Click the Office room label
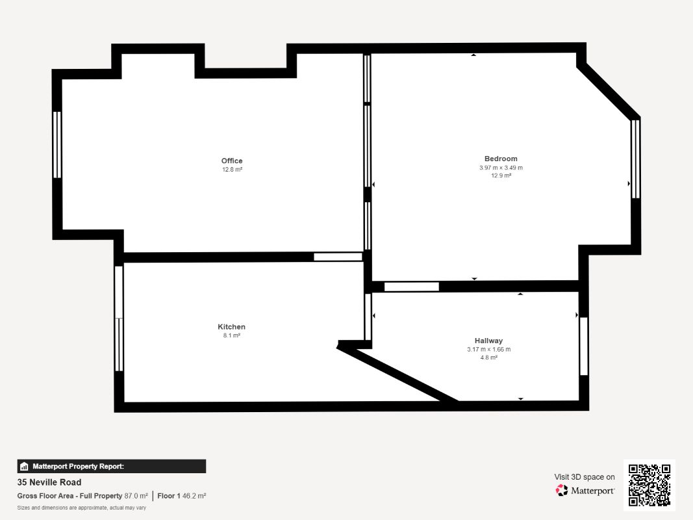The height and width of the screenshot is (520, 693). point(232,161)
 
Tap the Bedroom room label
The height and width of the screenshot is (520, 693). point(501,159)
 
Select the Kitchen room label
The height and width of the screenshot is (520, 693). point(231,327)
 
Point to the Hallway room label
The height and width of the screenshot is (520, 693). point(488,341)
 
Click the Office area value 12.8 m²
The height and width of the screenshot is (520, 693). point(232,170)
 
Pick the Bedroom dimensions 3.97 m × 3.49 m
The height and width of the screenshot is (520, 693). point(501,168)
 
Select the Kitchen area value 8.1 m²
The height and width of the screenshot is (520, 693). point(232,335)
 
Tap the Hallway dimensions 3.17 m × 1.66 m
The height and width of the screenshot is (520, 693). point(489,349)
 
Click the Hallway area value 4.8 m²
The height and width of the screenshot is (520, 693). point(489,357)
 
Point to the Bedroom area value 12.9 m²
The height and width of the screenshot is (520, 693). point(501,175)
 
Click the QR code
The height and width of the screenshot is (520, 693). point(649,485)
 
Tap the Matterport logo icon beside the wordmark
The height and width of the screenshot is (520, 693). point(562,490)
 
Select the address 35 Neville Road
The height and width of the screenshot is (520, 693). point(49,482)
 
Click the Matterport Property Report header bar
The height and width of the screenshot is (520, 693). point(111,466)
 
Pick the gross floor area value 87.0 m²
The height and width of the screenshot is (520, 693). point(136,496)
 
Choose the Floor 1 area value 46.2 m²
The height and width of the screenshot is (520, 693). point(194,496)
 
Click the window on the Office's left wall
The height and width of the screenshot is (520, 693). point(57,144)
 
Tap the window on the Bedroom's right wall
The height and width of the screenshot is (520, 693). point(635,159)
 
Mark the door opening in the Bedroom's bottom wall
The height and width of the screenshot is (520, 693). point(412,287)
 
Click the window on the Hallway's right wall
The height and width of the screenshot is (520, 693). point(583,346)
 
